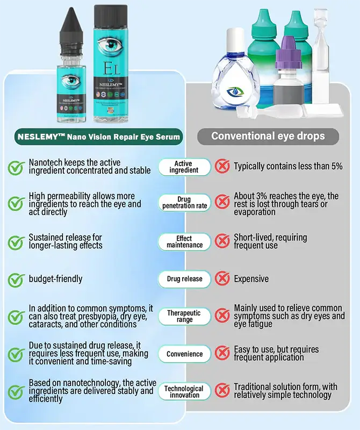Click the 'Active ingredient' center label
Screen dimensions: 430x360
click(184, 167)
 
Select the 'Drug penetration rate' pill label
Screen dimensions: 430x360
click(184, 203)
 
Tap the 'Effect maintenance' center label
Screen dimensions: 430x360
click(184, 242)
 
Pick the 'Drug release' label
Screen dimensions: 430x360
click(184, 279)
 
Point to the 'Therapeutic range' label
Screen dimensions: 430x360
click(184, 316)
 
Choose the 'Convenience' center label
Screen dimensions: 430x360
click(184, 354)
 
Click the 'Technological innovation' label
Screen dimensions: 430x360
click(184, 391)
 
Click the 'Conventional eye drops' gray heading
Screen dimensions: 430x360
click(268, 135)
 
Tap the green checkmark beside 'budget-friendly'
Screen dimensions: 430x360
click(16, 279)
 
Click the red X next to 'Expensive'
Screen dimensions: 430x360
click(222, 279)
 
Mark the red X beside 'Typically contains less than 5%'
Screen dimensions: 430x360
click(222, 167)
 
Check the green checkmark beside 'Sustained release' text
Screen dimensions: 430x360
click(16, 242)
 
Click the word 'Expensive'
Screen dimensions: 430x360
click(251, 279)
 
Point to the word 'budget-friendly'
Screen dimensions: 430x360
click(55, 279)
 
